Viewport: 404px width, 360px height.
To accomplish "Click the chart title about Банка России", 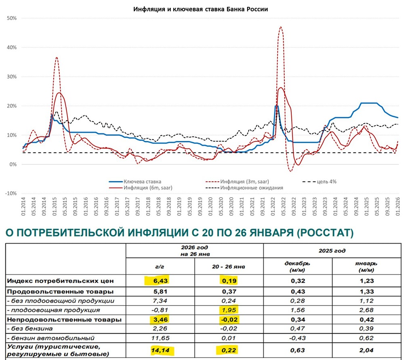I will pos(201,9).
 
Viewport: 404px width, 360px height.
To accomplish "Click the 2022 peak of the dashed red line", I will pos(280,27).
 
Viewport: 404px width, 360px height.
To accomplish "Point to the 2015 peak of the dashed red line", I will pos(57,57).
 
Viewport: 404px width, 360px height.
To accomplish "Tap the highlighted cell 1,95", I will pos(229,310).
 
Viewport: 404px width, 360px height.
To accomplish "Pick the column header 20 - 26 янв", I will pos(229,267).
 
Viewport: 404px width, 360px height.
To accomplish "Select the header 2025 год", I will pos(332,251).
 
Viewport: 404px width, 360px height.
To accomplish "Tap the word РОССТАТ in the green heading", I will pos(318,233).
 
